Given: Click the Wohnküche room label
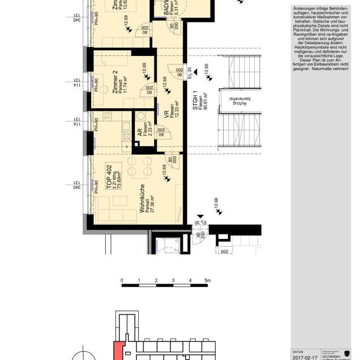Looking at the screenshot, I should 142,199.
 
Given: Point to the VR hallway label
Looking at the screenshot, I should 167,114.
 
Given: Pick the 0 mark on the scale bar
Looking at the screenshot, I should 122,281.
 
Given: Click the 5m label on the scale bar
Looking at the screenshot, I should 208,281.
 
